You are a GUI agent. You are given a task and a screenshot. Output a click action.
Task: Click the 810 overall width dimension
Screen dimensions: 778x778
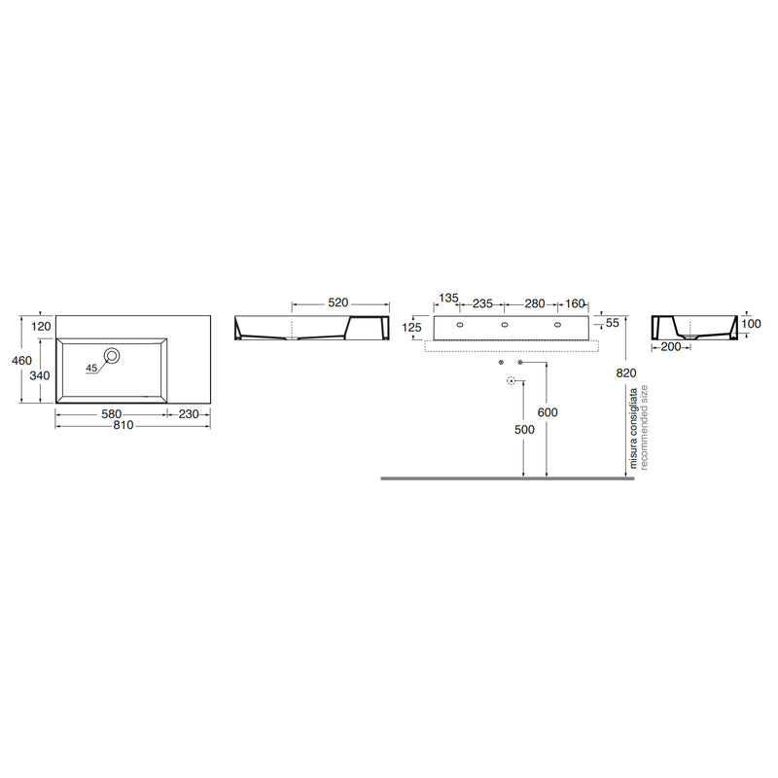coord(124,425)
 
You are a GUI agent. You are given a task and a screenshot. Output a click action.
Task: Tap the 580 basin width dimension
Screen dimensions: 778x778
coord(111,414)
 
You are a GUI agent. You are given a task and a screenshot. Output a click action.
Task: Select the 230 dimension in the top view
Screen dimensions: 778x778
coord(189,414)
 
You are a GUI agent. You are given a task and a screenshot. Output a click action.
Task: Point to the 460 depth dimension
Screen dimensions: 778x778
coord(21,360)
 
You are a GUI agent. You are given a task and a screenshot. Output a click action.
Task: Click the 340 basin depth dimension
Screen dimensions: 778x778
coord(40,375)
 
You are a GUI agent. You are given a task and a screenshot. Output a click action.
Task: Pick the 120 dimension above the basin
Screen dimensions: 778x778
coord(41,327)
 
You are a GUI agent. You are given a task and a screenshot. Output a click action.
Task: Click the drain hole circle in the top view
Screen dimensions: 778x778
coord(112,355)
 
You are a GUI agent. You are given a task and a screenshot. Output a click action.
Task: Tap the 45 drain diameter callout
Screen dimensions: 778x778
coord(91,369)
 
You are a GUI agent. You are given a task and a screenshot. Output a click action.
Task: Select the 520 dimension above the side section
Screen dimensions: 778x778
coord(337,302)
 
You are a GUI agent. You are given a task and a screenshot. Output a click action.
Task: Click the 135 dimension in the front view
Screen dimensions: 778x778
coord(448,299)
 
